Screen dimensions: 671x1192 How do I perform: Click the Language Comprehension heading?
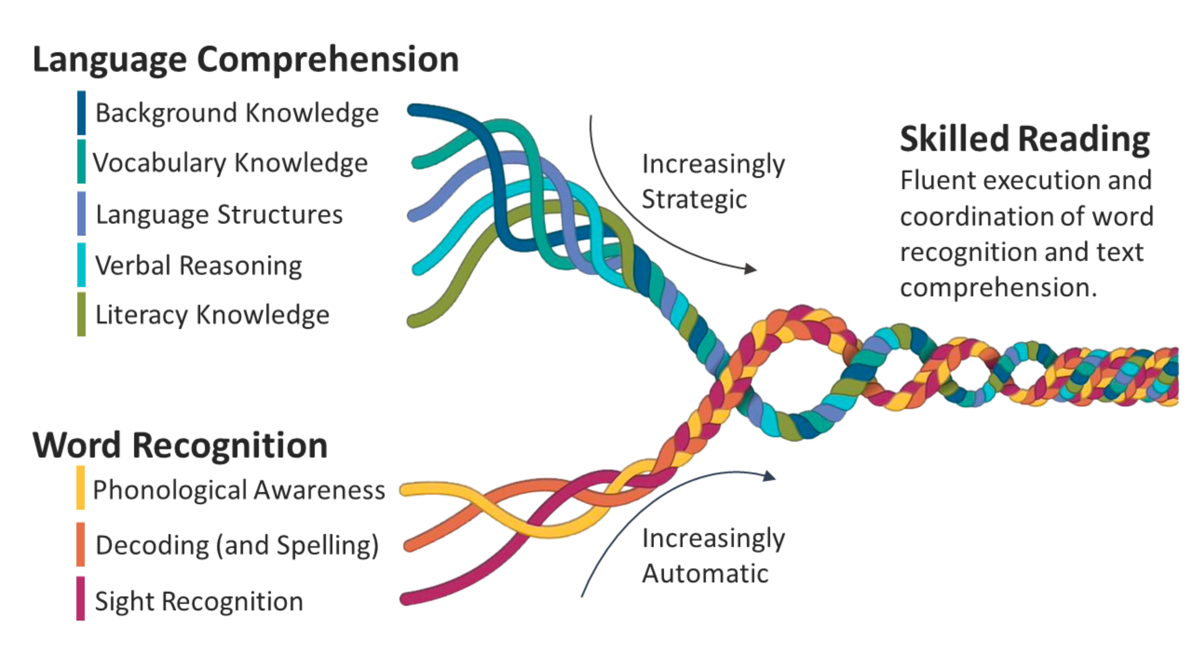245,60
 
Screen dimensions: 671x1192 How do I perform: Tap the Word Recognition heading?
180,445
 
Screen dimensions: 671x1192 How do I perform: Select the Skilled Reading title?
1024,139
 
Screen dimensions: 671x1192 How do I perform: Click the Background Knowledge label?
237,113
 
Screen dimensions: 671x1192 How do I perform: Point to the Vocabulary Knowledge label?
230,163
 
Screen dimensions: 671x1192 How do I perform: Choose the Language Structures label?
219,214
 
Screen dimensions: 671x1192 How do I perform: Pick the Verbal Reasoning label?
198,265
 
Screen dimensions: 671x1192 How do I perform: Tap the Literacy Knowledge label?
212,314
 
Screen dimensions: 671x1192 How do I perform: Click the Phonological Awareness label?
238,490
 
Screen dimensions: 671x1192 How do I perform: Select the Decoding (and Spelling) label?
237,545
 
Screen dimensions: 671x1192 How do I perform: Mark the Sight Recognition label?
199,601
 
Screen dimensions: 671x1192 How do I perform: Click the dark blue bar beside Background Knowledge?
81,112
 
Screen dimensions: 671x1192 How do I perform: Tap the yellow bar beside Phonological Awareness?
81,488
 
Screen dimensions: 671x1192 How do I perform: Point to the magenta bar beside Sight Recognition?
81,598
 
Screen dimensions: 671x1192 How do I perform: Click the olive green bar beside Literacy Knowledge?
81,314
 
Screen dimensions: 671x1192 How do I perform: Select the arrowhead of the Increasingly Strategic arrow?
751,269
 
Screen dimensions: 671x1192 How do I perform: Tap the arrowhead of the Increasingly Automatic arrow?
770,476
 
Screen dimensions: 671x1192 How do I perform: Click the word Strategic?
694,199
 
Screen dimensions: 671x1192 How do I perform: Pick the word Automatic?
705,573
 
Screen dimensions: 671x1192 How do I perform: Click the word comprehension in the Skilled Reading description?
998,288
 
